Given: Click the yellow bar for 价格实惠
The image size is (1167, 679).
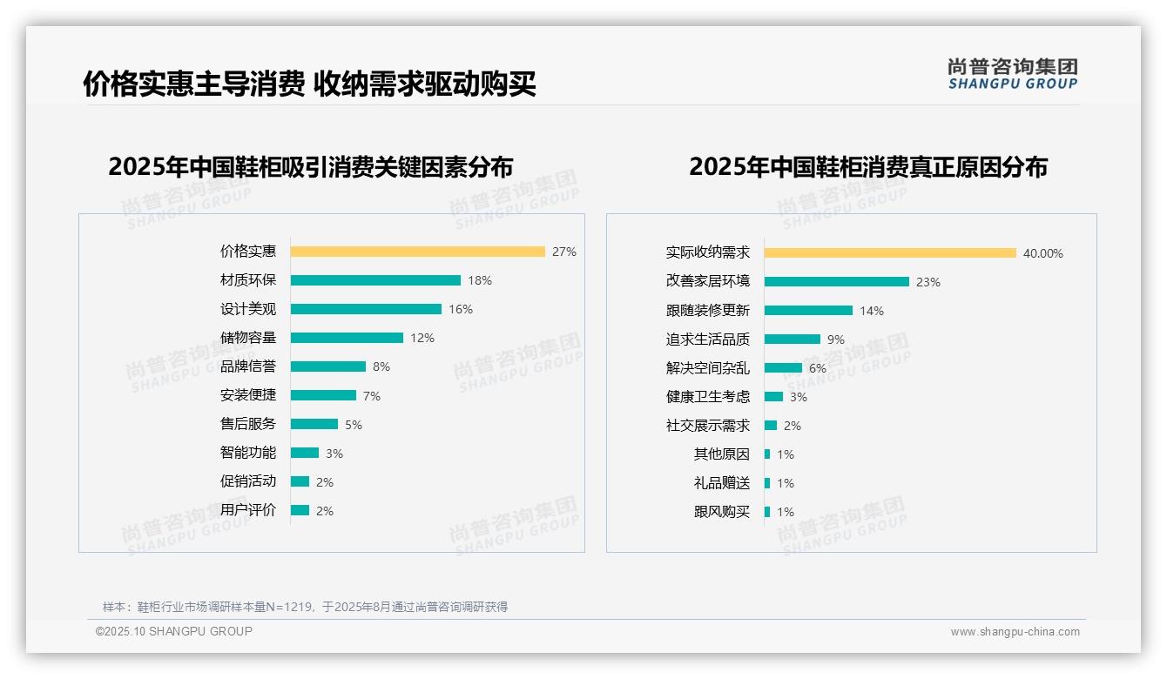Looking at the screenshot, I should [417, 252].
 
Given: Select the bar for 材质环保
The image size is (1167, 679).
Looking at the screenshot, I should [375, 280].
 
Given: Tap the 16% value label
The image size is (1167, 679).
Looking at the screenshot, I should [461, 309].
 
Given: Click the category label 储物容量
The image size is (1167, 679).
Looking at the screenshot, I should [248, 338].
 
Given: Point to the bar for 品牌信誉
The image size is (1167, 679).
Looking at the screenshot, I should [327, 366].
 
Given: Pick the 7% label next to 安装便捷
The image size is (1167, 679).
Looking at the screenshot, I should [372, 396].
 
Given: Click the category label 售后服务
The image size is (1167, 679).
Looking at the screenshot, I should [248, 424].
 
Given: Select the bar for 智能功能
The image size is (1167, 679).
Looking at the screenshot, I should [305, 453].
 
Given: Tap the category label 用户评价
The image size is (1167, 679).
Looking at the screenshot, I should [248, 510].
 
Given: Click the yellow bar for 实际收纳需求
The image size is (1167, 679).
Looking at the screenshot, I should [890, 253].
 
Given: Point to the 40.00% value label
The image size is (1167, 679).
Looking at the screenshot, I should [1043, 253].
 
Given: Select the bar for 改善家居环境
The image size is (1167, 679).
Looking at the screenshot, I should [837, 282].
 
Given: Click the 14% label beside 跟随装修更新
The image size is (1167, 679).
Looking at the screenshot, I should [872, 311].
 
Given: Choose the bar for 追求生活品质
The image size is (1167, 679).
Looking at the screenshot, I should [793, 339].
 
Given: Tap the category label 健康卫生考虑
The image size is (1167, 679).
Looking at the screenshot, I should [707, 397].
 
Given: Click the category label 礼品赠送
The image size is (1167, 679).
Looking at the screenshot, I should [721, 483].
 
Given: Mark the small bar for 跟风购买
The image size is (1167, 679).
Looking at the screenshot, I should [767, 512].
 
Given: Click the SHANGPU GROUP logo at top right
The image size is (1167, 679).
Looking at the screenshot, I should [1013, 74].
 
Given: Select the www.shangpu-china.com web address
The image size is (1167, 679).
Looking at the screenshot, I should [1015, 632].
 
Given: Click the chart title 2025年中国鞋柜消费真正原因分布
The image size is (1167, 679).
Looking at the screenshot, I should [867, 167].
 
